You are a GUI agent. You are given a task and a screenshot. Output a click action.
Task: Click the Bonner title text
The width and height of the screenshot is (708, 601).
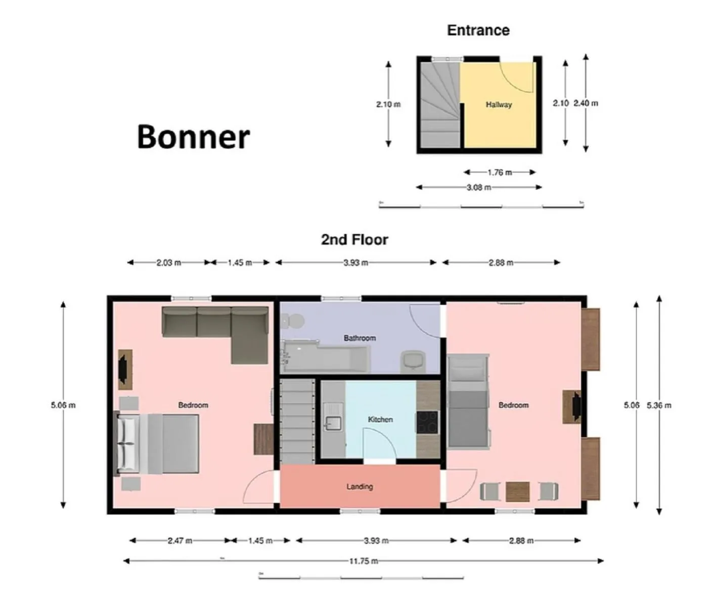(x=193, y=136)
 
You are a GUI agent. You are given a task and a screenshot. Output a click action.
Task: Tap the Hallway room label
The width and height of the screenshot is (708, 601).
(x=499, y=105)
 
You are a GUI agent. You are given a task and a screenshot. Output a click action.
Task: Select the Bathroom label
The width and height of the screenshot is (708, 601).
(x=360, y=338)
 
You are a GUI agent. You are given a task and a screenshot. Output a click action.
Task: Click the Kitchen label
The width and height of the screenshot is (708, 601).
(x=380, y=419)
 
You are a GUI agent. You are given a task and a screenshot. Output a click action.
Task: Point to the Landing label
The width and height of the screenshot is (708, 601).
(x=360, y=486)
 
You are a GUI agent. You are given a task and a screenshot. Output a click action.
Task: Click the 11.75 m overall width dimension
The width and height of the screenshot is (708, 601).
(x=363, y=561)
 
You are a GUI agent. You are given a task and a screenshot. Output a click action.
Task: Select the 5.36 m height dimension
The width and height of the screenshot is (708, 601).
(x=659, y=405)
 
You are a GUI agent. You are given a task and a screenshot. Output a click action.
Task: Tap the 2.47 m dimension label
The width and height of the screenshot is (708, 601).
(x=180, y=540)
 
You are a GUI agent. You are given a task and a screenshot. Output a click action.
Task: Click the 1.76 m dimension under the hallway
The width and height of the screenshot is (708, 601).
(x=499, y=172)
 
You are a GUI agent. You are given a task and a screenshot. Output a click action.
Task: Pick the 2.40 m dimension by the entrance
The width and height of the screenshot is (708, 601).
(x=586, y=103)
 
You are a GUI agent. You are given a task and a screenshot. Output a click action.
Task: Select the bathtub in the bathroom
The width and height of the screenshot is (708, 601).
(x=326, y=357)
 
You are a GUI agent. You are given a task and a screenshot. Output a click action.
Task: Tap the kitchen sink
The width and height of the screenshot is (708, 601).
(x=333, y=423)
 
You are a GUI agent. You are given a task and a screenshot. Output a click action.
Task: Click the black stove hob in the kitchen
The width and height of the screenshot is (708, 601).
(x=427, y=422)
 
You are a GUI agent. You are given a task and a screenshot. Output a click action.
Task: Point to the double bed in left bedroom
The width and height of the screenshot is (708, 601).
(x=158, y=443)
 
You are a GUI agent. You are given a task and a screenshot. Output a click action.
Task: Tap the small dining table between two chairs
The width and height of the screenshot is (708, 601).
(x=517, y=491)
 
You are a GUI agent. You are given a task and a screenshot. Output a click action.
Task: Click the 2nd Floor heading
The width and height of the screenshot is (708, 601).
(x=355, y=240)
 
